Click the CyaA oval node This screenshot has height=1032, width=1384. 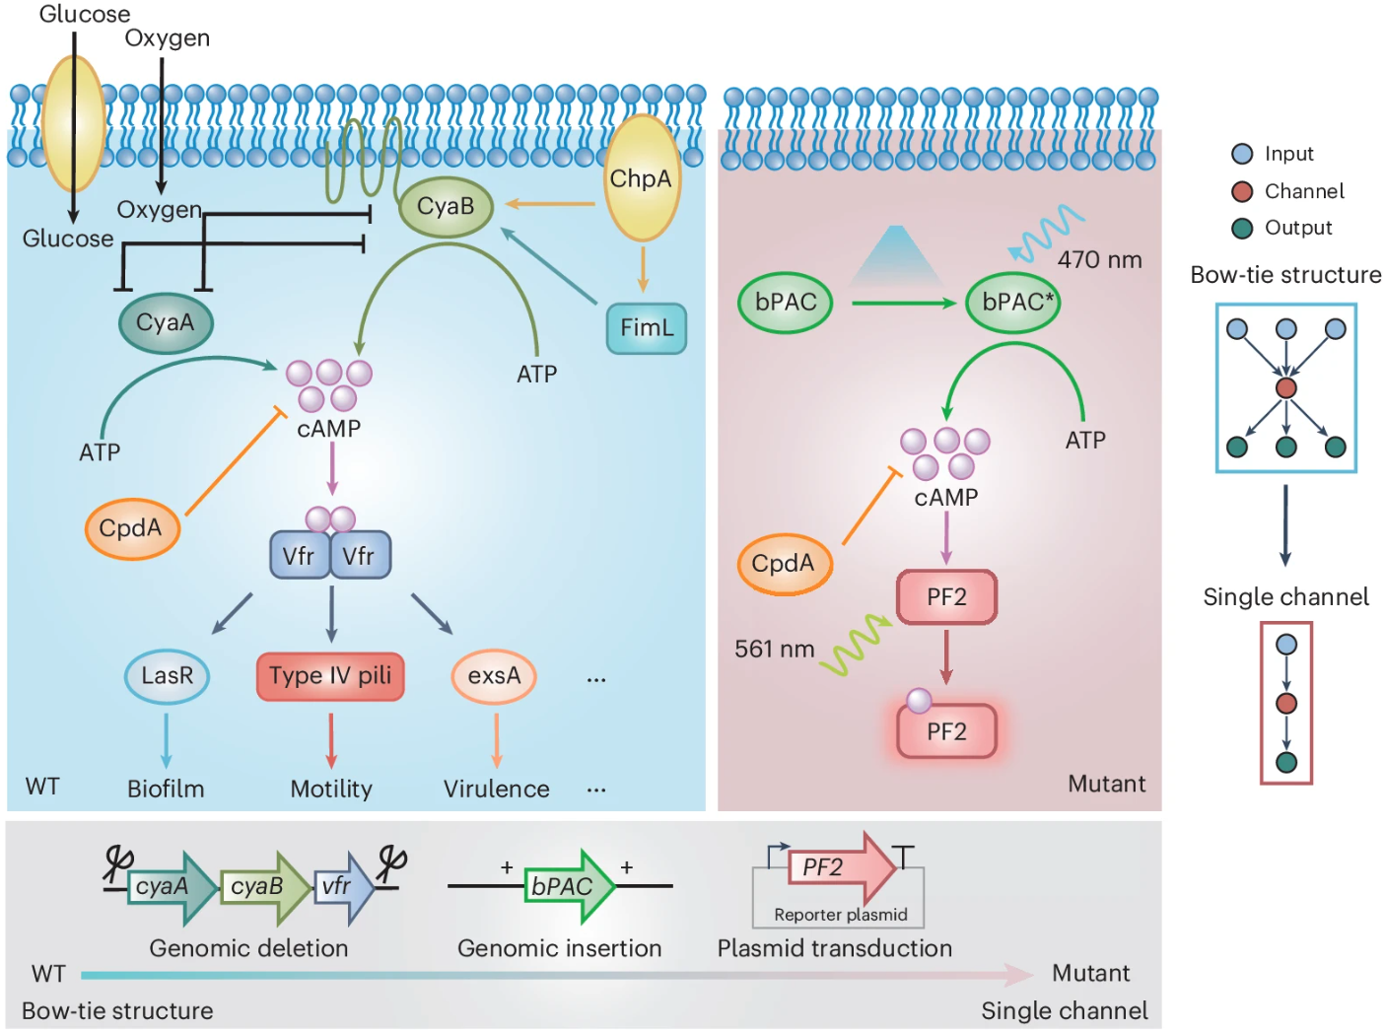(x=166, y=322)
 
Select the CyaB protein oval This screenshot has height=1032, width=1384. (x=446, y=207)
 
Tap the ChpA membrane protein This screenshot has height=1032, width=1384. (x=642, y=178)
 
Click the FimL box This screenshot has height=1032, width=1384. (x=646, y=328)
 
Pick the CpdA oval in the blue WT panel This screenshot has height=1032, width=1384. (x=131, y=528)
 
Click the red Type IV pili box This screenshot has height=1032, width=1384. (x=330, y=676)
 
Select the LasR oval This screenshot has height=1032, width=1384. (x=167, y=676)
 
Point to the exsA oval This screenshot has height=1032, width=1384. (x=494, y=676)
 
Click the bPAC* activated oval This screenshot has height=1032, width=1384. (x=1014, y=303)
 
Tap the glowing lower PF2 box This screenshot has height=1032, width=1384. (x=946, y=731)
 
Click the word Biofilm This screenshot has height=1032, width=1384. (x=166, y=789)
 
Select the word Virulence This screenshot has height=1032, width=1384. (x=497, y=789)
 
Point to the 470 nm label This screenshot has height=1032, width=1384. (x=1099, y=260)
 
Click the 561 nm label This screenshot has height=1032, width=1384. (x=774, y=650)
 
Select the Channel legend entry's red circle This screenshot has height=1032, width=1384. (x=1242, y=191)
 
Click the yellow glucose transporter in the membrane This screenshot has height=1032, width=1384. (x=74, y=122)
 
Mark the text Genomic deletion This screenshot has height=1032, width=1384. (x=248, y=948)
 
